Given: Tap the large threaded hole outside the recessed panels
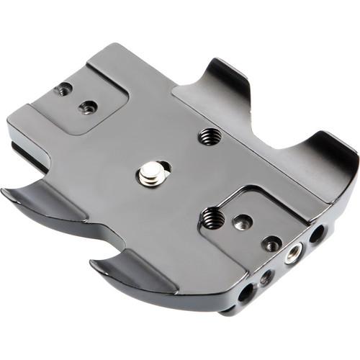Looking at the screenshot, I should click(209, 135).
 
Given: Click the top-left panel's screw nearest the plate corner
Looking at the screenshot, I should click(64, 90).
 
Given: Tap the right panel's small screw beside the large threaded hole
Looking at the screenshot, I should click(243, 222).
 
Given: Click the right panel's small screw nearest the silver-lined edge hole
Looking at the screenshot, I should click(271, 243).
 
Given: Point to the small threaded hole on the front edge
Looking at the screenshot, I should click(266, 276).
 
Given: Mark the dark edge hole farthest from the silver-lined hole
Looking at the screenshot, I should click(246, 291).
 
